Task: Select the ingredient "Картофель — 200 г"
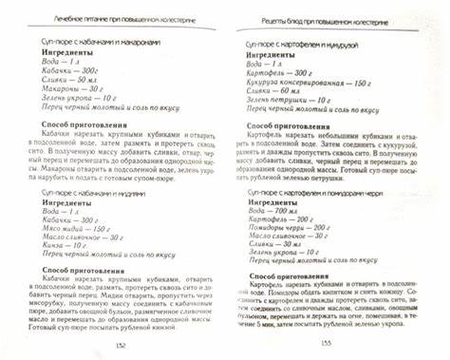coord(280,70)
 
